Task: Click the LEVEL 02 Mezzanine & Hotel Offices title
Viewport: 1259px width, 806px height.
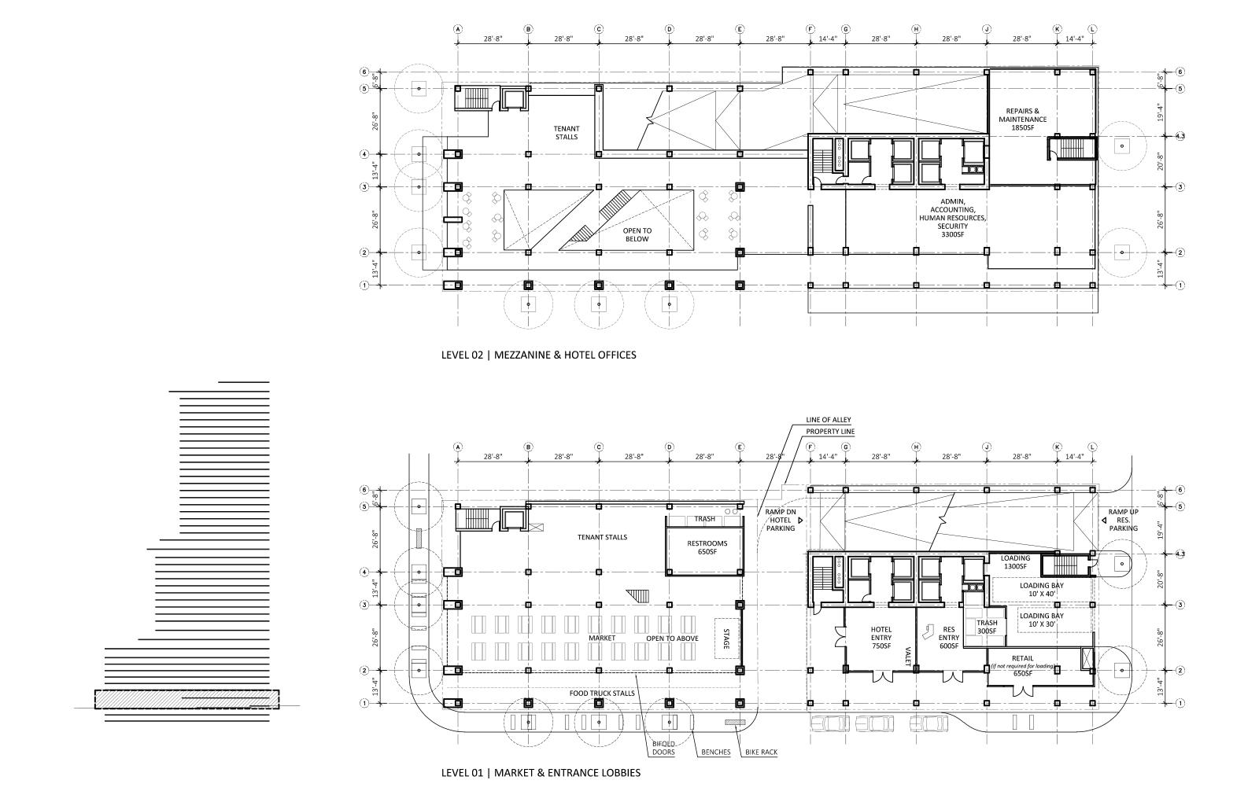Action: [538, 355]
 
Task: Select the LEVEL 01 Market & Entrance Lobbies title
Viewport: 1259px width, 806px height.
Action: [541, 772]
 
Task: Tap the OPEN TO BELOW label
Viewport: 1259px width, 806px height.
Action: [638, 234]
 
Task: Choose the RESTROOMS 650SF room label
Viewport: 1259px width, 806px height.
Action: [706, 547]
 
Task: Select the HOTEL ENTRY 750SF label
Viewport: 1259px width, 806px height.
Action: [881, 638]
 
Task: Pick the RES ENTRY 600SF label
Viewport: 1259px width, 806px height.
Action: [949, 638]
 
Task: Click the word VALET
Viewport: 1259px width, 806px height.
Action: [908, 657]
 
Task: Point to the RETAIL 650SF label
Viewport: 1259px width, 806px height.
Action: [1022, 665]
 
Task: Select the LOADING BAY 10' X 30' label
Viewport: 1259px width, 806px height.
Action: [1041, 620]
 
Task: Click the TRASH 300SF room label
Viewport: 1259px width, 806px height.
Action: [986, 627]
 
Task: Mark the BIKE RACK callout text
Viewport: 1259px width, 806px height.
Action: [758, 753]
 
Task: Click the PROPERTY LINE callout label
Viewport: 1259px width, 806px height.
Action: [829, 432]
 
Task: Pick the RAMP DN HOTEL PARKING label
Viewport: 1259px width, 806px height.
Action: [781, 520]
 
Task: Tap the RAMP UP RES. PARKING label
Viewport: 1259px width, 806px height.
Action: [1122, 520]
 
